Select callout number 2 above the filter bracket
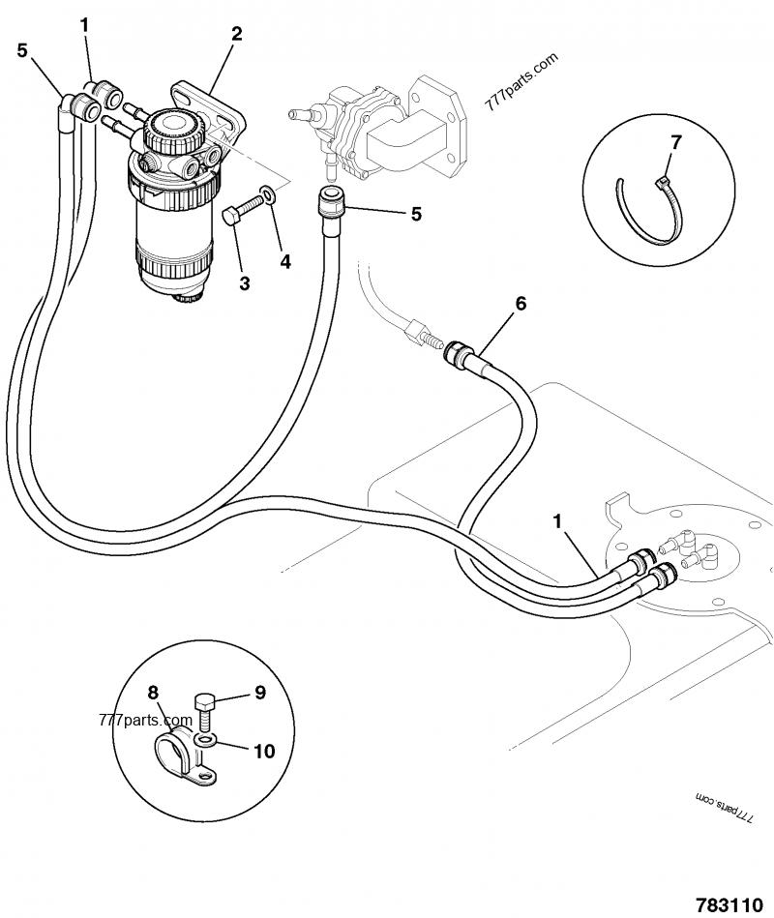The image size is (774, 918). [236, 34]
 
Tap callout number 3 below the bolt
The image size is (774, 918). [245, 282]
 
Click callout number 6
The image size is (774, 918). [521, 304]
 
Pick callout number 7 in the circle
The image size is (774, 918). [675, 142]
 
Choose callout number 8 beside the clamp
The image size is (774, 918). [152, 692]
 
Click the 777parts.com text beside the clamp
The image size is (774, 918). [133, 721]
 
